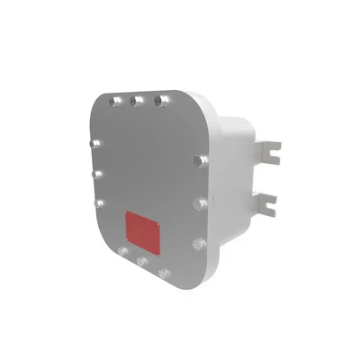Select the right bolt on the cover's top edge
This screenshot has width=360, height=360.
[160, 101]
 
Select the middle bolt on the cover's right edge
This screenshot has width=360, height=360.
[199, 203]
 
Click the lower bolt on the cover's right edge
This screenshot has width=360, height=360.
[198, 243]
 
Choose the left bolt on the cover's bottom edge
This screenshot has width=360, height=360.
[122, 251]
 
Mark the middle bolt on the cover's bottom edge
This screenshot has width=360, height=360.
[141, 262]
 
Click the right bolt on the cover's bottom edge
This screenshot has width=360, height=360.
[163, 272]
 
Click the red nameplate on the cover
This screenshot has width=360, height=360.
[142, 231]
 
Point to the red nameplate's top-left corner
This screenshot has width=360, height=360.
[125, 212]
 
